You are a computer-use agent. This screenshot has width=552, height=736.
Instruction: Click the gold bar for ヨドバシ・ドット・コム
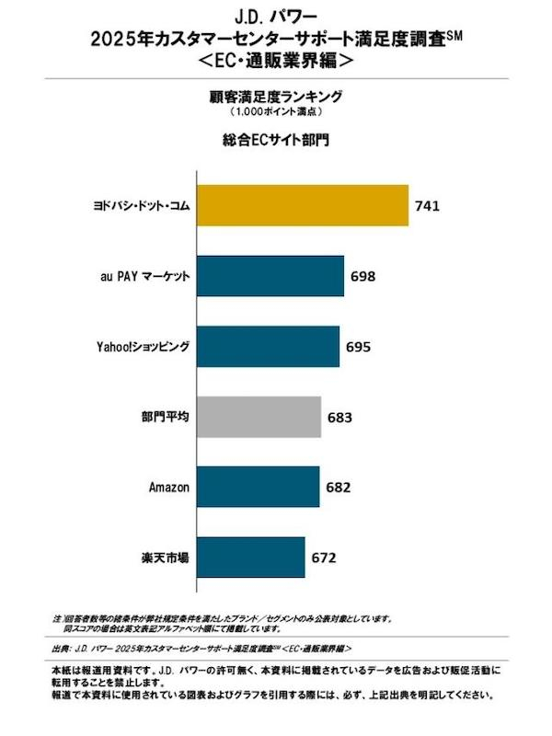point(303,205)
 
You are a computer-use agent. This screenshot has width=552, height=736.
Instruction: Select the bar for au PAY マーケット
point(270,276)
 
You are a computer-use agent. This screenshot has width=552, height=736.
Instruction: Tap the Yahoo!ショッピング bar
point(268,347)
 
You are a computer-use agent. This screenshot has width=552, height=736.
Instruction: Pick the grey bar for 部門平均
point(259,417)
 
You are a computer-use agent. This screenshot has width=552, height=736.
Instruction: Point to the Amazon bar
point(259,487)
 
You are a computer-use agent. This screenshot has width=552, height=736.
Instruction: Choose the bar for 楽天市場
point(251,558)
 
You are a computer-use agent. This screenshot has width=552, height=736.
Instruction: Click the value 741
point(428,205)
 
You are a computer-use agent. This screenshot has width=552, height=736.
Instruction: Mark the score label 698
point(364,276)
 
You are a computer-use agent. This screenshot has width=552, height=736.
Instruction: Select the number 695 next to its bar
point(359,347)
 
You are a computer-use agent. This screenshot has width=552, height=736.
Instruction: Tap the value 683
point(340,417)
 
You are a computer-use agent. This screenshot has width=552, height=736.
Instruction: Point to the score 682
point(339,487)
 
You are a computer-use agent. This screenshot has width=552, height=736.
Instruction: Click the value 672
point(325,558)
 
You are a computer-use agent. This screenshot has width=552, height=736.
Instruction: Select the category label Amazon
point(169,487)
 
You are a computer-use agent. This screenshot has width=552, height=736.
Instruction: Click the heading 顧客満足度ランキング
point(276,95)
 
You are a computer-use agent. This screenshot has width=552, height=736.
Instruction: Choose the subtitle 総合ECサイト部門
point(276,142)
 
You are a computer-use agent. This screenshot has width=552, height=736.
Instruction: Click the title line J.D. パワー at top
point(276,16)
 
